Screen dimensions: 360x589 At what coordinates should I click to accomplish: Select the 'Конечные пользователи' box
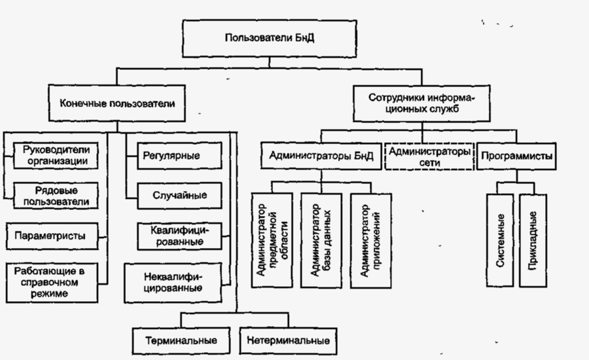coord(117,103)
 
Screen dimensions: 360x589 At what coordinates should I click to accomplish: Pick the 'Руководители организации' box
coord(55,154)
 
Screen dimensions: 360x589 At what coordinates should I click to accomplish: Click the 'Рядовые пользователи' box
coord(55,195)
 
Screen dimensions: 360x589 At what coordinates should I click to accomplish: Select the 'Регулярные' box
coord(172,156)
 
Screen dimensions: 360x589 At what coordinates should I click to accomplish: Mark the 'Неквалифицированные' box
coord(173,281)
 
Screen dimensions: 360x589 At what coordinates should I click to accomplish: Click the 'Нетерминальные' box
coord(289,340)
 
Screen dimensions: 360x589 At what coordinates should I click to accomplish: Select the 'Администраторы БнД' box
coord(321,156)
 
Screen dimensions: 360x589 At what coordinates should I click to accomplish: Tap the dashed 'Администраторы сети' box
coord(429,156)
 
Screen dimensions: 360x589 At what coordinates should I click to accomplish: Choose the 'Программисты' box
coord(516,156)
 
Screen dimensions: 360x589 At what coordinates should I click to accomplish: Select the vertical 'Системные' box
coord(501,240)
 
